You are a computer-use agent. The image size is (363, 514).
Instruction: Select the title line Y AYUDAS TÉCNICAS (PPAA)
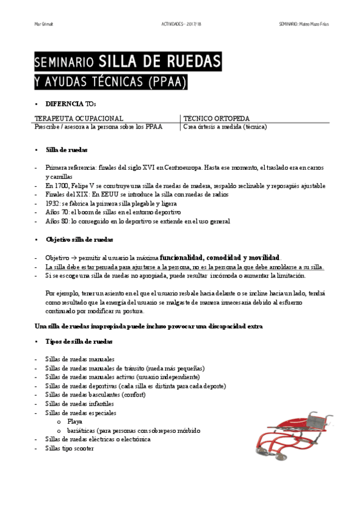pos(111,81)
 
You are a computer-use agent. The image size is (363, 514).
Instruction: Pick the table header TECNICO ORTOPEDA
pos(216,118)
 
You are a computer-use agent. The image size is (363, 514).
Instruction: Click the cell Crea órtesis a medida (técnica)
pos(224,127)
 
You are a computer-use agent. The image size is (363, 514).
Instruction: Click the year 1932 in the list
pos(53,204)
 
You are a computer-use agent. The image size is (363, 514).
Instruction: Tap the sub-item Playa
pos(75,421)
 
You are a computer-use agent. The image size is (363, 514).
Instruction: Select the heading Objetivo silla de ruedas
pos(80,240)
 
